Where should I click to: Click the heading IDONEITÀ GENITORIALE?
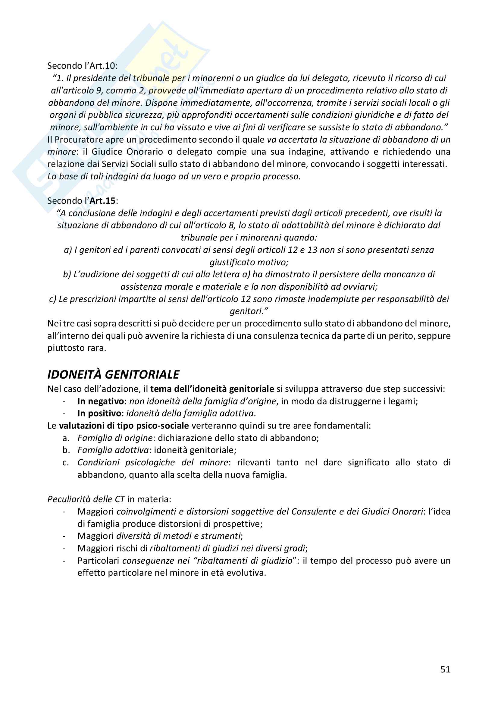(113, 374)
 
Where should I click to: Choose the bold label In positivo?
(99, 414)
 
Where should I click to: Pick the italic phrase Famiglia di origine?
(115, 438)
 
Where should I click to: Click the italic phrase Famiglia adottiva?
(113, 450)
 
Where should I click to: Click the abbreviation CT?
(119, 499)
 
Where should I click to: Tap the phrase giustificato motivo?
(249, 262)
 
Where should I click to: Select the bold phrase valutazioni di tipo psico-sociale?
(124, 426)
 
